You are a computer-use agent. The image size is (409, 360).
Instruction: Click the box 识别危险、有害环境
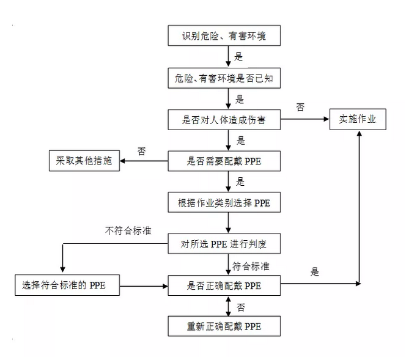pyautogui.click(x=224, y=35)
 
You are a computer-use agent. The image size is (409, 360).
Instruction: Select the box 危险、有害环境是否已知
pyautogui.click(x=224, y=78)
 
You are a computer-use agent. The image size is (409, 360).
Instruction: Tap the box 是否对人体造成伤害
pyautogui.click(x=224, y=120)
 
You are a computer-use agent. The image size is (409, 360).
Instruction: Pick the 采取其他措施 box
pyautogui.click(x=84, y=161)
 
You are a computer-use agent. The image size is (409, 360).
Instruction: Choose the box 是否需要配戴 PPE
pyautogui.click(x=224, y=161)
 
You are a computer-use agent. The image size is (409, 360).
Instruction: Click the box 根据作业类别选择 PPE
pyautogui.click(x=224, y=202)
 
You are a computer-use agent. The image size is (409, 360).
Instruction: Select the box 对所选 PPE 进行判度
pyautogui.click(x=224, y=244)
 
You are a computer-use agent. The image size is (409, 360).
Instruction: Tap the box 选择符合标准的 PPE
pyautogui.click(x=67, y=285)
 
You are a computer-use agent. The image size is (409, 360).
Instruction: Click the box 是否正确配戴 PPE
pyautogui.click(x=224, y=285)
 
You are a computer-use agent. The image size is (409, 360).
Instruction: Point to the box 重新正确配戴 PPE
pyautogui.click(x=224, y=326)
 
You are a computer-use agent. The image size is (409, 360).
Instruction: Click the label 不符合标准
pyautogui.click(x=128, y=231)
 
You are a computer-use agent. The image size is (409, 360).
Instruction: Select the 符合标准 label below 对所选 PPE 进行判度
pyautogui.click(x=252, y=266)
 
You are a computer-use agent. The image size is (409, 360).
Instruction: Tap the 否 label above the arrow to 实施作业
pyautogui.click(x=300, y=107)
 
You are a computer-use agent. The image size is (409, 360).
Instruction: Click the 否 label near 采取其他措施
pyautogui.click(x=141, y=151)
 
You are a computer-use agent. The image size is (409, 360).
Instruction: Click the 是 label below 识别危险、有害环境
pyautogui.click(x=239, y=57)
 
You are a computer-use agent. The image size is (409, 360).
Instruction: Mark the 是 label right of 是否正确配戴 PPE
pyautogui.click(x=315, y=273)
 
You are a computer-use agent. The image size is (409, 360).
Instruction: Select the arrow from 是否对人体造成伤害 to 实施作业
pyautogui.click(x=306, y=120)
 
